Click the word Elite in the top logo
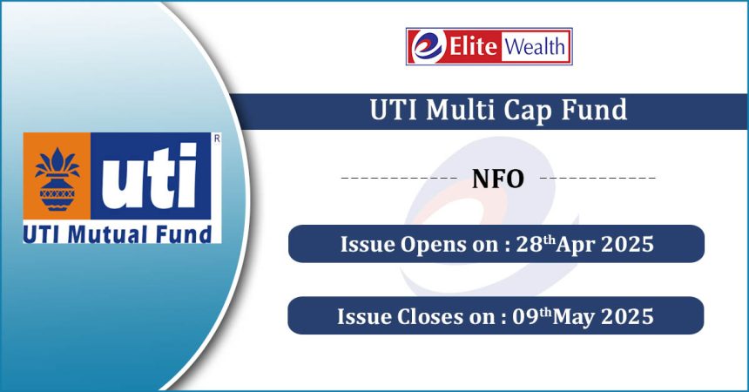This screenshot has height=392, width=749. tap(473, 46)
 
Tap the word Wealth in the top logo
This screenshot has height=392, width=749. tap(535, 47)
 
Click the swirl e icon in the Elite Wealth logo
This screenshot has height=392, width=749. tap(427, 46)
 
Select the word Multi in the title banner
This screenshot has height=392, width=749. tap(461, 110)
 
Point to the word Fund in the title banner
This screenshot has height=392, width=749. tap(594, 110)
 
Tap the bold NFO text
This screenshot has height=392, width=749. tap(498, 179)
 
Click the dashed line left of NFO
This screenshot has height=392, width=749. tap(400, 178)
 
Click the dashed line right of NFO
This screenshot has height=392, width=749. tap(597, 178)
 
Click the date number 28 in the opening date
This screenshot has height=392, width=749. tap(530, 244)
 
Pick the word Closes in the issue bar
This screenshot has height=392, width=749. tap(431, 316)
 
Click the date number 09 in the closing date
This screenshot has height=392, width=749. tap(525, 316)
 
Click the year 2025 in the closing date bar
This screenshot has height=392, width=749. tap(627, 316)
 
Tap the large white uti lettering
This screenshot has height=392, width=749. tap(150, 175)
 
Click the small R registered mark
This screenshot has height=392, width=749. tap(217, 139)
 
